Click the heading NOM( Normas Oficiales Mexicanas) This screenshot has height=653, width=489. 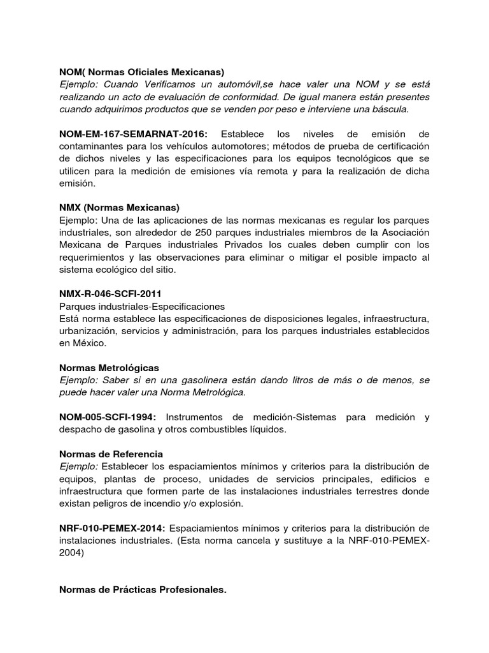(141, 72)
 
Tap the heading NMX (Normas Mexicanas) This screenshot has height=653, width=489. (119, 208)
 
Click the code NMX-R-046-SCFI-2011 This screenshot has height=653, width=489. (110, 294)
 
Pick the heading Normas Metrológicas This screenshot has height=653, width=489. (109, 368)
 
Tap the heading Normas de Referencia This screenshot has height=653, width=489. (111, 454)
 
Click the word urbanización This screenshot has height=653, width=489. (89, 331)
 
